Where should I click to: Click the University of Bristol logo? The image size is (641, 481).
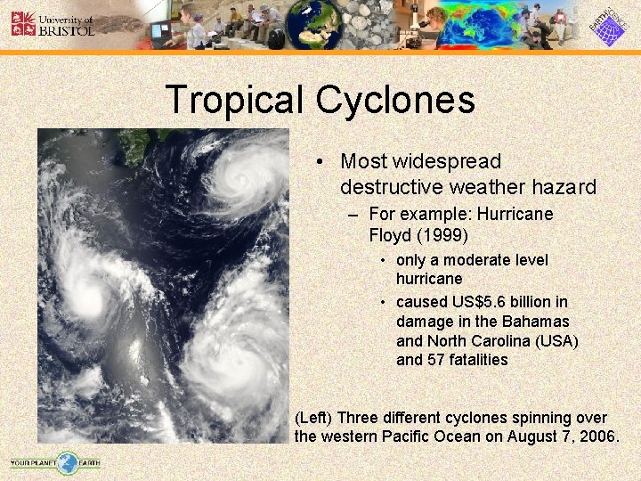coord(52,24)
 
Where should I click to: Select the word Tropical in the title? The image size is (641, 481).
coord(234,99)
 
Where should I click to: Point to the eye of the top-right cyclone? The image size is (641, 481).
coord(239,172)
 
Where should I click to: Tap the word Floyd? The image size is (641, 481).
coord(388,235)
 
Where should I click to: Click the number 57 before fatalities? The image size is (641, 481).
coord(439,360)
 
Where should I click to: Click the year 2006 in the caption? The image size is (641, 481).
coord(595,436)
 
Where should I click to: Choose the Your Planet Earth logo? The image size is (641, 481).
coord(55,462)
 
